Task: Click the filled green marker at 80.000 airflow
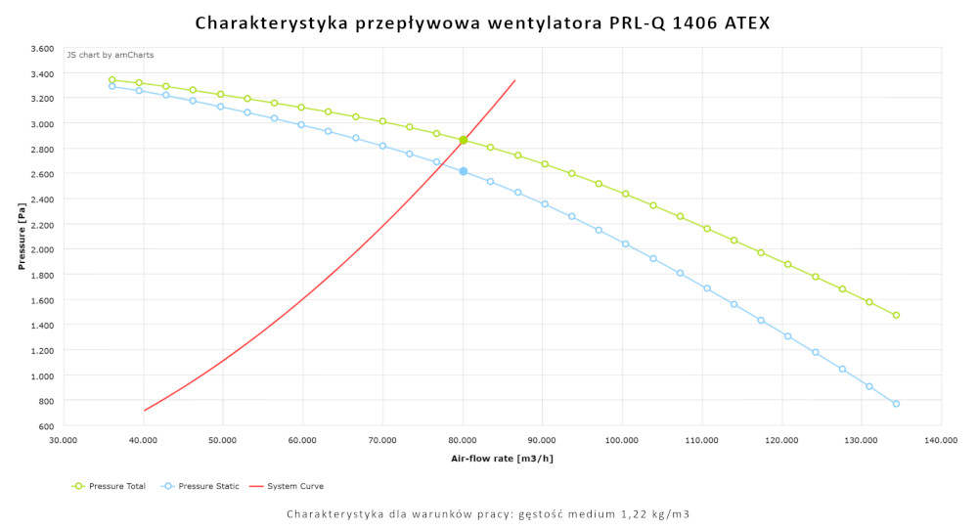click(x=464, y=140)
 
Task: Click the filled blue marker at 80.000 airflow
click(x=464, y=171)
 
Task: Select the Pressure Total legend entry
click(x=110, y=486)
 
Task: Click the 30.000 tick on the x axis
click(x=63, y=440)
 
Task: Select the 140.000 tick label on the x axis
click(x=941, y=440)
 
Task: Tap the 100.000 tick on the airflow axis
click(x=622, y=440)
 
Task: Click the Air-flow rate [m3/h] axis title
click(x=502, y=458)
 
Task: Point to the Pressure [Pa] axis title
click(x=21, y=237)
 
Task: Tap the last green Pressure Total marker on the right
click(x=896, y=315)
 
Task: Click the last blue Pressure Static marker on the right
click(x=896, y=404)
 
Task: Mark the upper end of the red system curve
click(x=514, y=80)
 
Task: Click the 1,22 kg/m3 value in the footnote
click(x=652, y=513)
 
